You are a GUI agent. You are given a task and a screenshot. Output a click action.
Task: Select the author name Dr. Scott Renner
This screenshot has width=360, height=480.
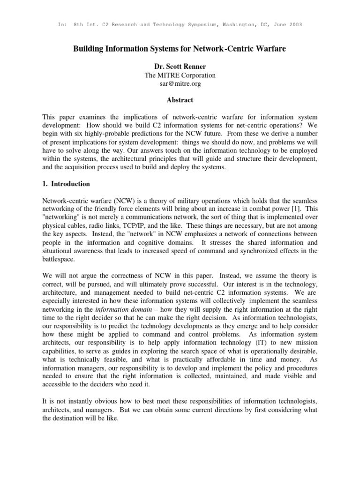point(180,67)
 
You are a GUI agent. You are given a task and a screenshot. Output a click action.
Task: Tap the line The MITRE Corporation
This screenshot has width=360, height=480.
point(180,75)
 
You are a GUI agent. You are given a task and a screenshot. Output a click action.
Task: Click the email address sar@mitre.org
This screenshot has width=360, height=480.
point(180,83)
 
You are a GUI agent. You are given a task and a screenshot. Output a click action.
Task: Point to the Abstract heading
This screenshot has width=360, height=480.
point(180,100)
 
